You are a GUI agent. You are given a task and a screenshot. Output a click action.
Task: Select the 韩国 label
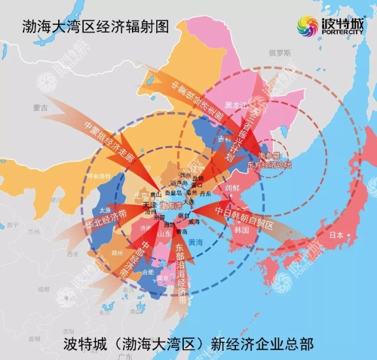coord(241,229)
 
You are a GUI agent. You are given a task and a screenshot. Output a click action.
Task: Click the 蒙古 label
coord(57,109)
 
